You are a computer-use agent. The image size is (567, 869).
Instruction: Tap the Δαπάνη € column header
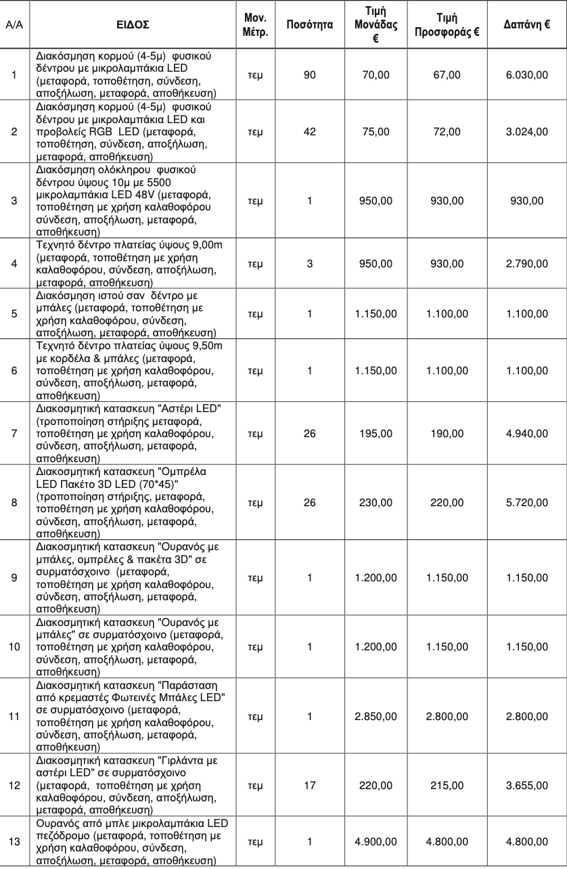[526, 24]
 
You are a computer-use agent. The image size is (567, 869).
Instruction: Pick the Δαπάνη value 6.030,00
[526, 74]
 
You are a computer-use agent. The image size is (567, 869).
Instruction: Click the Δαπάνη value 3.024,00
[526, 131]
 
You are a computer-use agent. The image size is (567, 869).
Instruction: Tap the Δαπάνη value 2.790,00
[526, 263]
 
